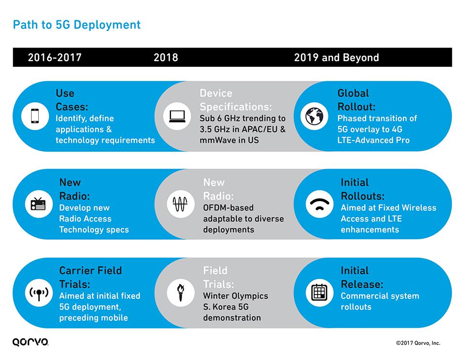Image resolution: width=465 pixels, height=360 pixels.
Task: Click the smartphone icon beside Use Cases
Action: click(x=35, y=116)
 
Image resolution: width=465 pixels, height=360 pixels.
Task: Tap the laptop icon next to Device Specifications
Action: click(x=177, y=116)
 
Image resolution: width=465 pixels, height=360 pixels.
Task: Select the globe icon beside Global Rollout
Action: click(x=314, y=116)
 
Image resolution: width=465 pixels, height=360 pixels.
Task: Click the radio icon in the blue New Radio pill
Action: click(x=38, y=204)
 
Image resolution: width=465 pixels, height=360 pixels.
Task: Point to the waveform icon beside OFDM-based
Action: click(x=180, y=204)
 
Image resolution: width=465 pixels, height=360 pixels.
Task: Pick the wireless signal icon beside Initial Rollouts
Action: click(x=320, y=204)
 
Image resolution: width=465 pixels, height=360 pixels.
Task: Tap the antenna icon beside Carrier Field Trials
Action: click(x=38, y=293)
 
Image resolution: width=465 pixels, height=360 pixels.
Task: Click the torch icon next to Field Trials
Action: click(x=180, y=293)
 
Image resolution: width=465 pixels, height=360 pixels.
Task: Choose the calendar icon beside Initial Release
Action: click(x=320, y=293)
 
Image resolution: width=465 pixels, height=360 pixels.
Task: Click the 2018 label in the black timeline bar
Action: click(x=166, y=58)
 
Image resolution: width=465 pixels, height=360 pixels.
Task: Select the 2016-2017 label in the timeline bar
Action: click(x=55, y=58)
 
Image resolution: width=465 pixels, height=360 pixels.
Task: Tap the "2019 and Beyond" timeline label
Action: click(x=336, y=58)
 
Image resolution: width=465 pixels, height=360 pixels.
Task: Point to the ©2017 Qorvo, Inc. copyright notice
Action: click(x=418, y=343)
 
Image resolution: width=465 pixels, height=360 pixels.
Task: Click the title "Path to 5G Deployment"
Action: click(x=77, y=24)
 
